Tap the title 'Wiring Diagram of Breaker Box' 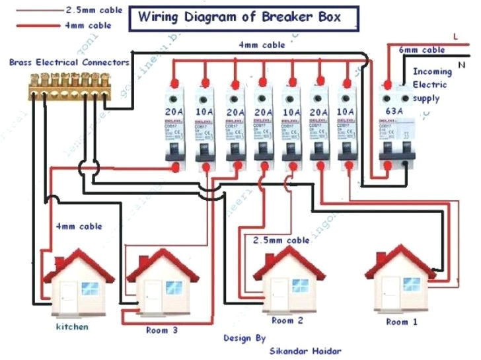click(239, 17)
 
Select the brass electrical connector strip click(67, 83)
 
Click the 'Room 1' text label click(402, 322)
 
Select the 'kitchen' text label click(72, 326)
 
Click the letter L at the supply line click(455, 36)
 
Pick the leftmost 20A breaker click(174, 129)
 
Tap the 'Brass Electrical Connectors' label click(69, 62)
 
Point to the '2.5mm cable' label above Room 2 click(281, 240)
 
